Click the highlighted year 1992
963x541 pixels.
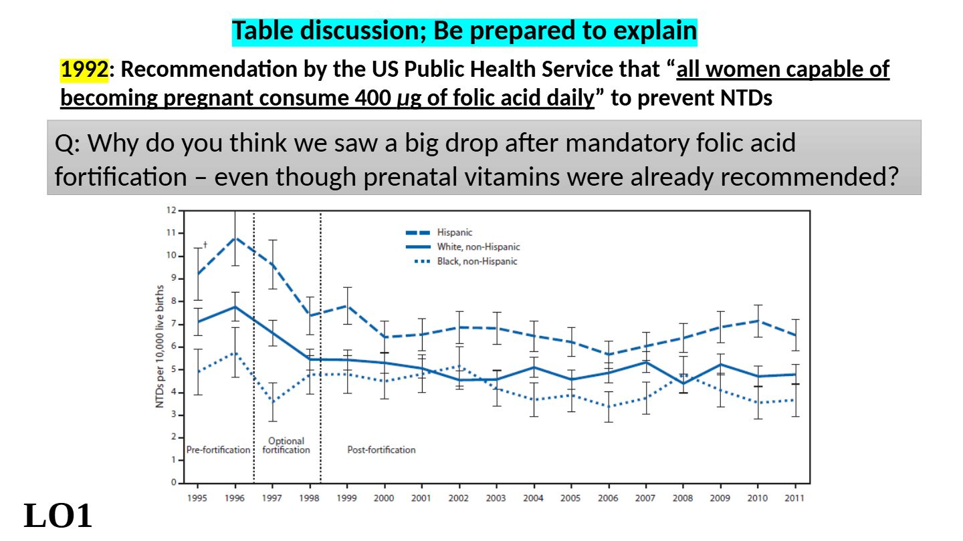coord(84,69)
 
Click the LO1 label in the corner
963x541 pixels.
coord(58,516)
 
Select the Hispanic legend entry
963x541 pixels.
coord(455,232)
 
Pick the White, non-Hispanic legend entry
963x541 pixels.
coord(478,247)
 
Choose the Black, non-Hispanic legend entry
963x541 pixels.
coord(477,261)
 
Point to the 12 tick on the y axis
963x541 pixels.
coord(171,210)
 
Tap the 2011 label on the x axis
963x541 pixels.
coord(794,498)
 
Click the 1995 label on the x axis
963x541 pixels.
coord(197,498)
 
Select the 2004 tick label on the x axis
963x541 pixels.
coord(533,498)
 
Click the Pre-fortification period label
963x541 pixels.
coord(218,450)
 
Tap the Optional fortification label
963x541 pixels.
coord(286,445)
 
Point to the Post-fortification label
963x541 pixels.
coord(381,450)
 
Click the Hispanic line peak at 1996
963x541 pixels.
coord(235,237)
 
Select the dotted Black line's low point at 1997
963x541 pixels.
coord(272,401)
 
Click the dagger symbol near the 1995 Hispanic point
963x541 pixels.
coord(205,245)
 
